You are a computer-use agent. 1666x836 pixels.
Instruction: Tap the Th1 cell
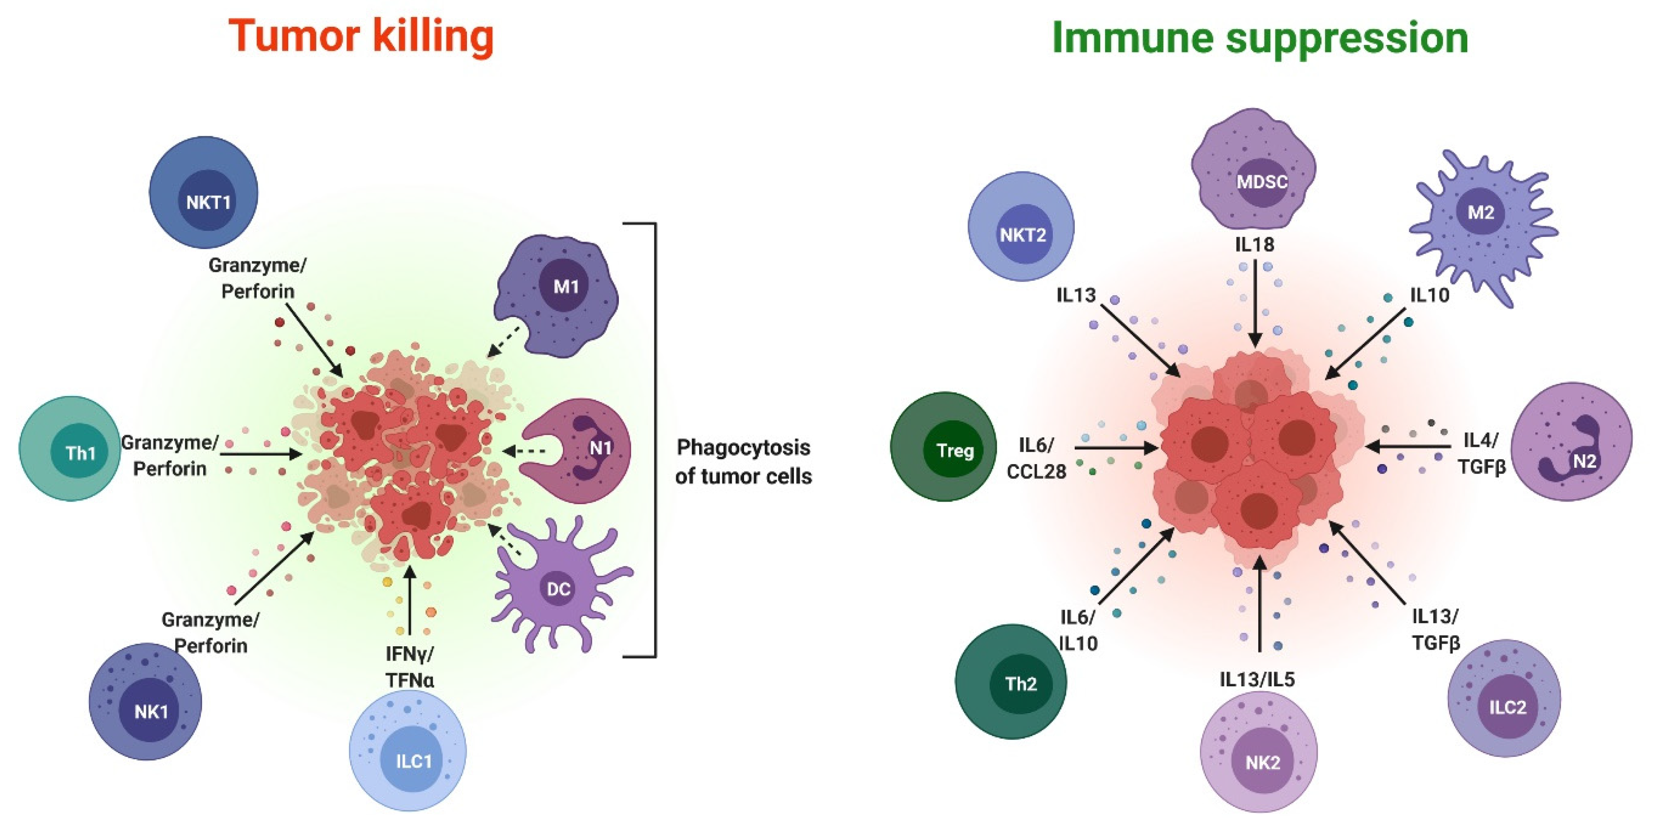pos(71,449)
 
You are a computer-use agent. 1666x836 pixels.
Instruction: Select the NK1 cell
pos(146,703)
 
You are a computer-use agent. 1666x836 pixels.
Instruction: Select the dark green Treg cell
pos(944,448)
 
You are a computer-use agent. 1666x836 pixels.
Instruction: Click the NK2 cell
pos(1259,753)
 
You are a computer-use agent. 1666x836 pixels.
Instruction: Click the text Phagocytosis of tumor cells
pos(743,461)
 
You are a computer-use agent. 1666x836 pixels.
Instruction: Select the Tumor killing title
pos(361,36)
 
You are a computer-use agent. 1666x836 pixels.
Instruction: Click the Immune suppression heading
pos(1260,37)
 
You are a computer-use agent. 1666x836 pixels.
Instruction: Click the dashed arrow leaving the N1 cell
pos(525,451)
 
